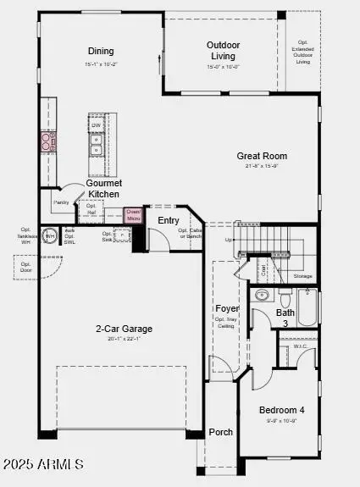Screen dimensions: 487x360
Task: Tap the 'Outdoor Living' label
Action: pyautogui.click(x=224, y=50)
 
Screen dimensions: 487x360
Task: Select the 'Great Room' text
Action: pyautogui.click(x=262, y=156)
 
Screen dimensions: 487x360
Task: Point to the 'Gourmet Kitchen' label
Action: pyautogui.click(x=104, y=189)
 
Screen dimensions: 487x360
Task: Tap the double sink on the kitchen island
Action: pyautogui.click(x=96, y=150)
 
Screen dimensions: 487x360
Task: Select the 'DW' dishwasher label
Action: pyautogui.click(x=96, y=126)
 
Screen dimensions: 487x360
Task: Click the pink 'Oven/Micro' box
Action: pyautogui.click(x=133, y=215)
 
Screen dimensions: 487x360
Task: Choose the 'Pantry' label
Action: pyautogui.click(x=61, y=202)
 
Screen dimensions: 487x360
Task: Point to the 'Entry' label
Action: pyautogui.click(x=169, y=220)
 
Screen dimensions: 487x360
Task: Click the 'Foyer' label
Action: pyautogui.click(x=226, y=308)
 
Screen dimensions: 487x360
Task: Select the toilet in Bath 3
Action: pyautogui.click(x=285, y=299)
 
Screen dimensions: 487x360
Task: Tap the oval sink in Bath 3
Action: pyautogui.click(x=262, y=296)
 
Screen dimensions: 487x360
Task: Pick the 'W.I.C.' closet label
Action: pyautogui.click(x=300, y=346)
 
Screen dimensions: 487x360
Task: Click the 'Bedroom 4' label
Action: pyautogui.click(x=281, y=410)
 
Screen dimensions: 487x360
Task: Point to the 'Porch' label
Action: pyautogui.click(x=221, y=432)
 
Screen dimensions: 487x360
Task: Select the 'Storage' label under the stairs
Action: pyautogui.click(x=302, y=276)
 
